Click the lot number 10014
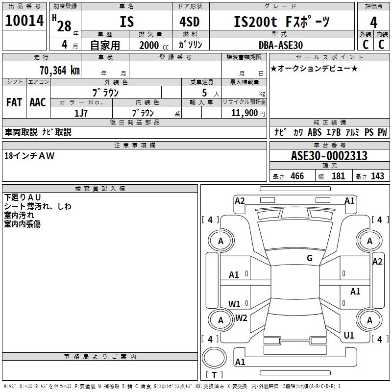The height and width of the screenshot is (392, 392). tap(24, 22)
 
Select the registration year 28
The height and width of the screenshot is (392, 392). tap(64, 25)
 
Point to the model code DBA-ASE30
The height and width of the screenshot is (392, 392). tap(281, 45)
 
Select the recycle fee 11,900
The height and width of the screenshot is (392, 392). tap(241, 113)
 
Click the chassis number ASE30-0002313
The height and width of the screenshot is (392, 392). tap(329, 156)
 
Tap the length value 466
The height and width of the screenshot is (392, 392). tap(297, 176)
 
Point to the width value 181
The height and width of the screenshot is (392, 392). tap(338, 176)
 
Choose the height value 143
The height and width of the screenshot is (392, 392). tap(377, 176)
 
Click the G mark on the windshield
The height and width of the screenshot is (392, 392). tap(309, 258)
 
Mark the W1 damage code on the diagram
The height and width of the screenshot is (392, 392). tap(234, 304)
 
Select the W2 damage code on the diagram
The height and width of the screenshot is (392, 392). tap(241, 318)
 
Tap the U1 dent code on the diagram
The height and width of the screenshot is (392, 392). tap(349, 336)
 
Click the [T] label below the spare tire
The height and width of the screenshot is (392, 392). tap(214, 375)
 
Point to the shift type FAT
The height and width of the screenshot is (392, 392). tap(14, 102)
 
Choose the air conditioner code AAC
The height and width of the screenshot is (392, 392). tap(38, 102)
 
